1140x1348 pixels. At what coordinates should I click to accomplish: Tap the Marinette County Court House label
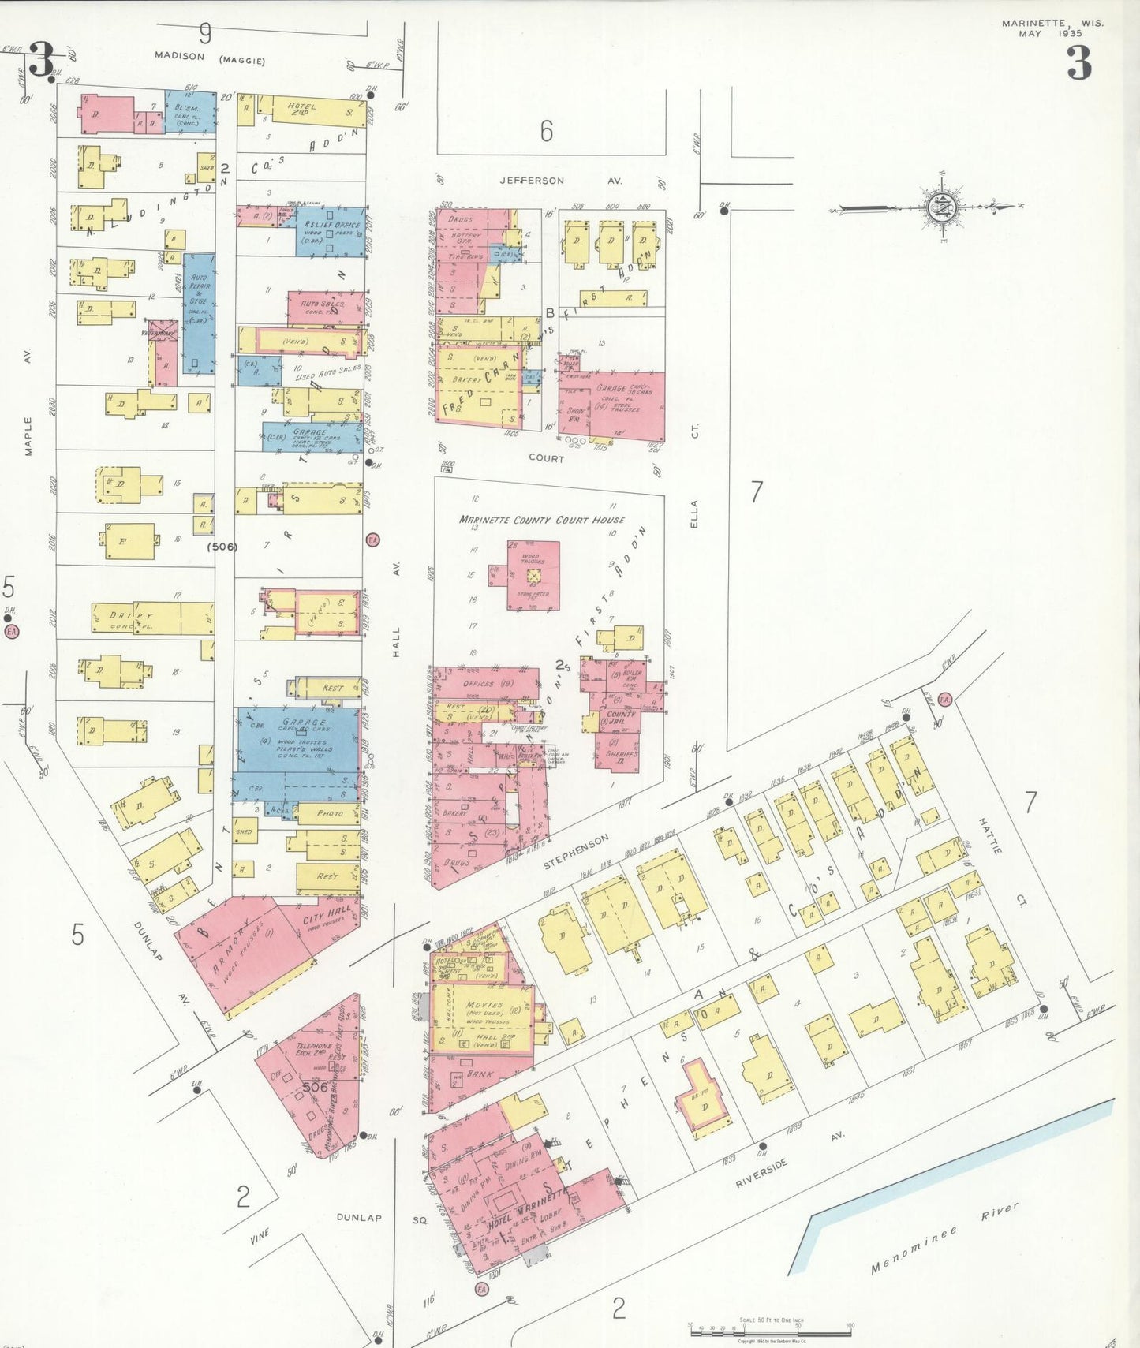click(x=541, y=520)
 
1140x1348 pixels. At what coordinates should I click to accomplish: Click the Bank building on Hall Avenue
click(x=479, y=1074)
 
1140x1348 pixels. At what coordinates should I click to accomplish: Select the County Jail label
click(x=620, y=718)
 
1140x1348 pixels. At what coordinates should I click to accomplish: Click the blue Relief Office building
click(x=331, y=231)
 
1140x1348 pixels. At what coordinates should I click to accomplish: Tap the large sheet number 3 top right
click(x=1078, y=63)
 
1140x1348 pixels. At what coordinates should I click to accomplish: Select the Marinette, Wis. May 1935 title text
click(x=1052, y=28)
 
